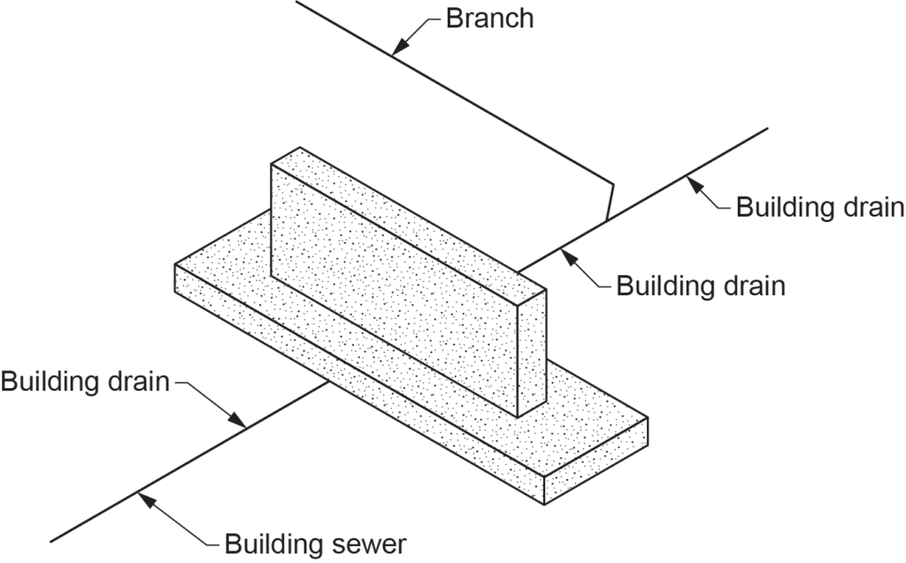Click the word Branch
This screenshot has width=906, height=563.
coord(489,18)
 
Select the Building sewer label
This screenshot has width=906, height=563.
coord(315,541)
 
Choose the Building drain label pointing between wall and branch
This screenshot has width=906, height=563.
coord(700,286)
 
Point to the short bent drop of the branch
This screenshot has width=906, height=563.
coord(609,202)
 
